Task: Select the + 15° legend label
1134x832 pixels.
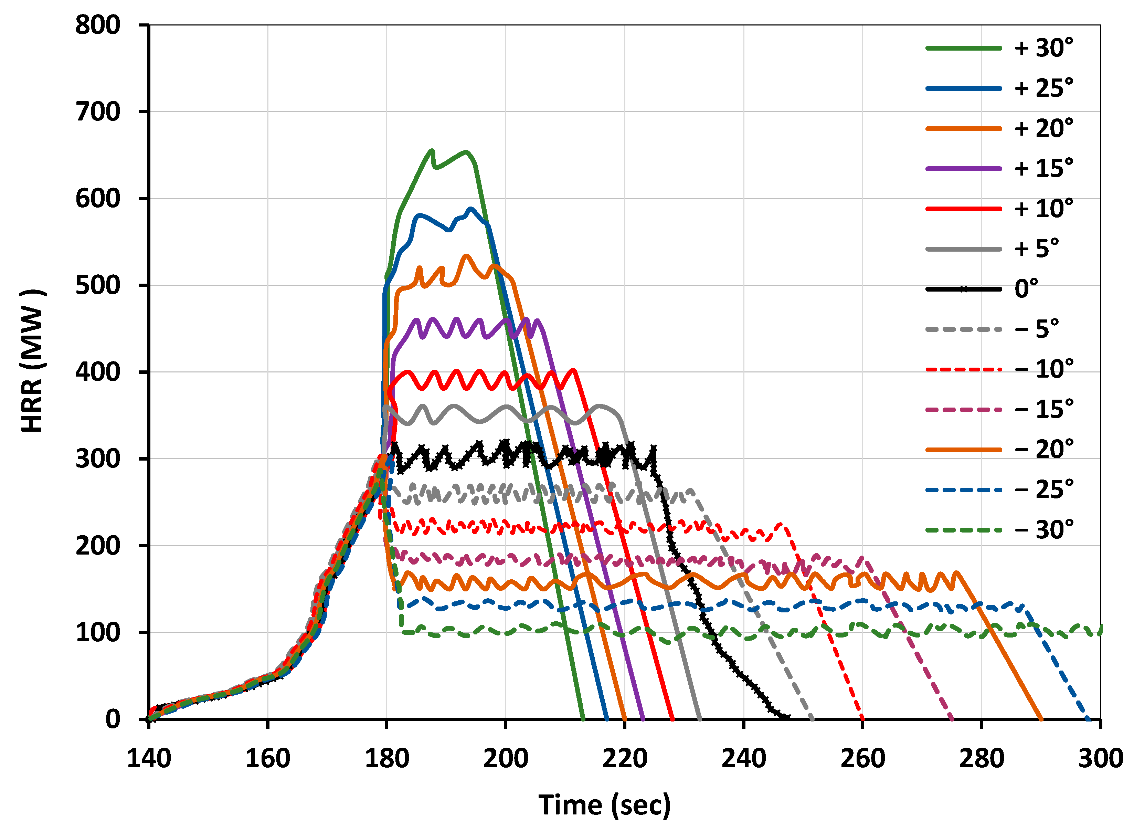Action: click(x=1043, y=169)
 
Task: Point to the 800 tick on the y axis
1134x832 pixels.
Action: click(x=98, y=25)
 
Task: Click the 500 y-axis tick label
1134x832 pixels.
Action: click(x=98, y=286)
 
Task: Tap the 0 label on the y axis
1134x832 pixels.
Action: click(x=113, y=719)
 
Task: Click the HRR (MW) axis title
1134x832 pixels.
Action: click(x=32, y=361)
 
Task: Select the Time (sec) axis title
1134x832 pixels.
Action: click(x=605, y=805)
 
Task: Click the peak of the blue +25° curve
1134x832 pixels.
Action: click(x=471, y=209)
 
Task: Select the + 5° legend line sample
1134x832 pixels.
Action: click(x=963, y=249)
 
